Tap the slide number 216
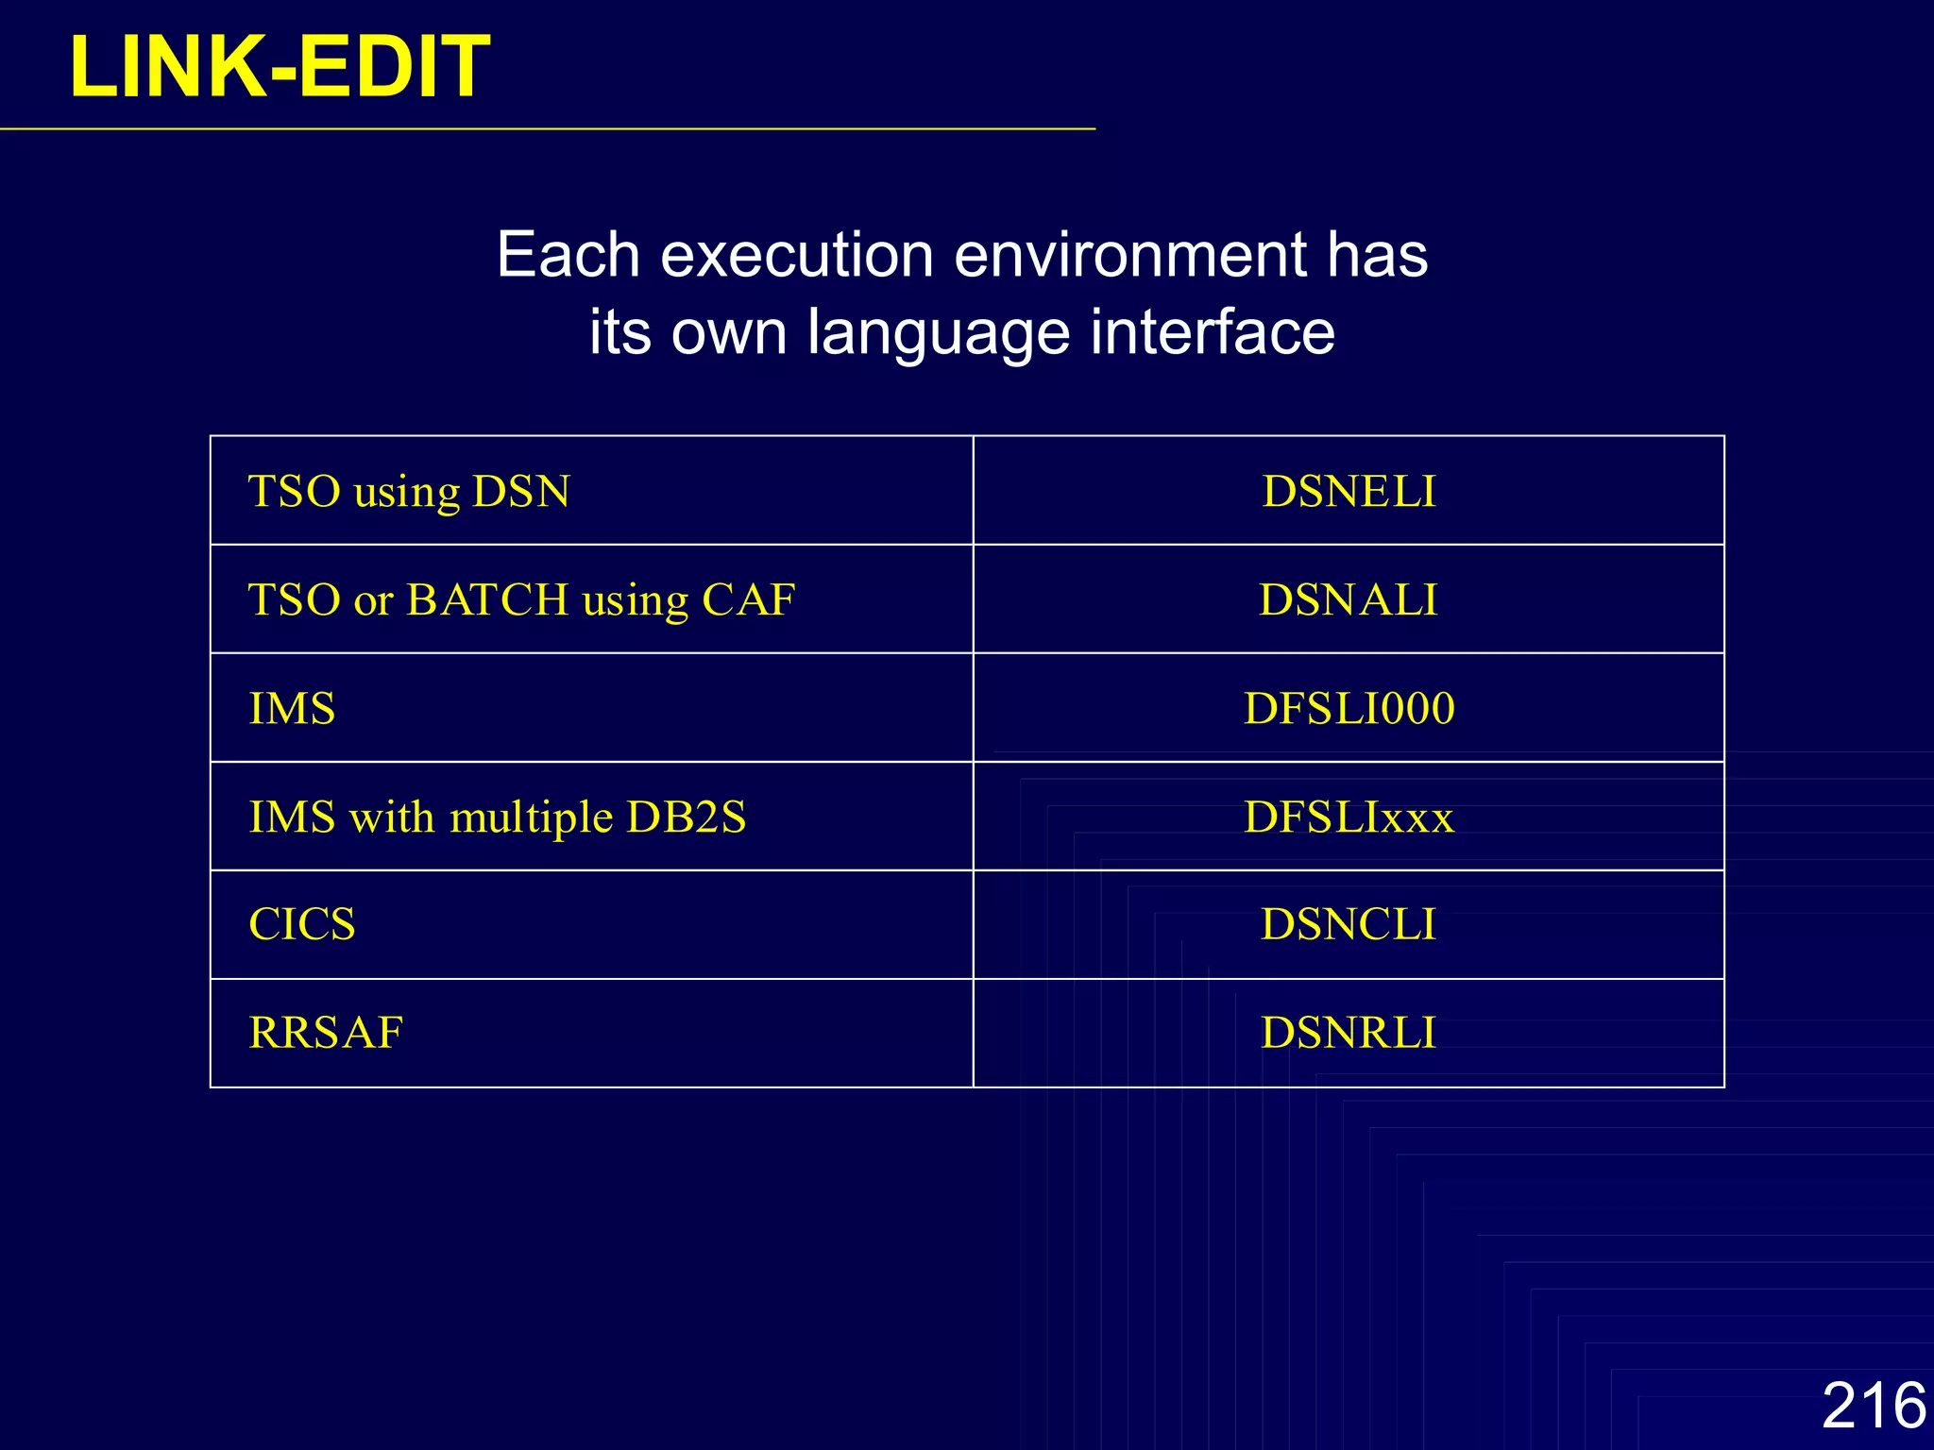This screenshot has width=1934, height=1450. (x=1873, y=1405)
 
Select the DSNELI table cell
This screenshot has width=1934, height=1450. (x=1349, y=491)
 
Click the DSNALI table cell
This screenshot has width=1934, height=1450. (x=1349, y=599)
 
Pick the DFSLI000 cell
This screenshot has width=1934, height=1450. (x=1349, y=708)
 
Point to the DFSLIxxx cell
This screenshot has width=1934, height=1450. (x=1349, y=817)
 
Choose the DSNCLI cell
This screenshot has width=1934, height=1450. (x=1349, y=924)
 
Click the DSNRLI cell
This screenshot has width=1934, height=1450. (x=1349, y=1033)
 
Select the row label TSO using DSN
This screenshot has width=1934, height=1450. (x=409, y=491)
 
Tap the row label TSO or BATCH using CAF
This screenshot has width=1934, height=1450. (x=521, y=599)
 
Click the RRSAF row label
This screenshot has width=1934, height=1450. (x=326, y=1033)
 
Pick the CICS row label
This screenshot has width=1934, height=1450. (x=302, y=924)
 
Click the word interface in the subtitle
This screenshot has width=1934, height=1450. (x=1213, y=332)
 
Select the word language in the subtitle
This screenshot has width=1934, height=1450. (x=940, y=332)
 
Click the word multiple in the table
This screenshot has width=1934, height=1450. (x=531, y=818)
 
